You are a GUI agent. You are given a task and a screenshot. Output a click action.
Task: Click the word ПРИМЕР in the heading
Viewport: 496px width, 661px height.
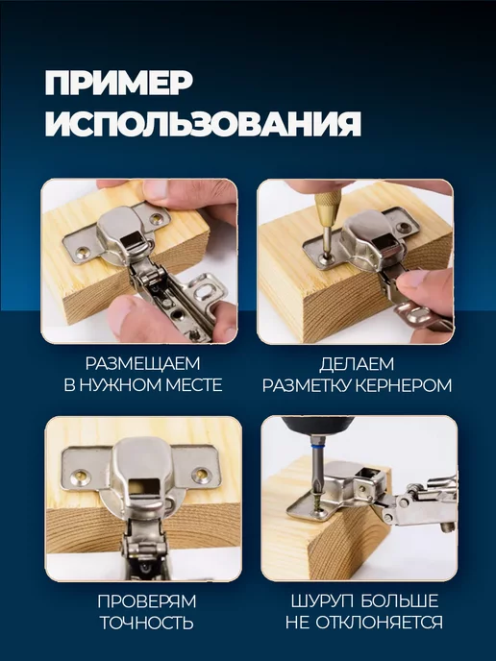pyautogui.click(x=118, y=83)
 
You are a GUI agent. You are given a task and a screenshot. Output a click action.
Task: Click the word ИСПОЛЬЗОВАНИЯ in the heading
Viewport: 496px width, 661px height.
pyautogui.click(x=203, y=123)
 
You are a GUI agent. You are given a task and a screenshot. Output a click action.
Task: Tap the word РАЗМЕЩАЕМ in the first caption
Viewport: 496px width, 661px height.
pyautogui.click(x=142, y=363)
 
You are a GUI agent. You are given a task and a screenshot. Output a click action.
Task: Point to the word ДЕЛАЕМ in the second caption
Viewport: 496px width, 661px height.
pyautogui.click(x=357, y=364)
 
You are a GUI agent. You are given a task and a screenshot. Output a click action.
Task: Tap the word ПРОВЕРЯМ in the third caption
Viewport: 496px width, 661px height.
pyautogui.click(x=147, y=601)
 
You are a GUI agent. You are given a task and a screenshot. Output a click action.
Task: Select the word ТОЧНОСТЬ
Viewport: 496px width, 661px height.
pyautogui.click(x=147, y=623)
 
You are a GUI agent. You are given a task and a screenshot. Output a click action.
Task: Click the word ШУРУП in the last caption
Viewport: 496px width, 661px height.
pyautogui.click(x=322, y=601)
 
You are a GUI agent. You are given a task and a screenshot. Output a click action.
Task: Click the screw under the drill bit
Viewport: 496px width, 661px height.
pyautogui.click(x=316, y=505)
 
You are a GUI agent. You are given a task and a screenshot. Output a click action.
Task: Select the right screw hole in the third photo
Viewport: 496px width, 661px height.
pyautogui.click(x=201, y=475)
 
